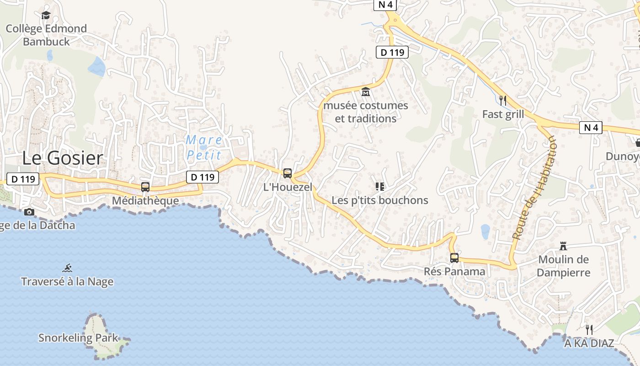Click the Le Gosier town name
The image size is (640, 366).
point(63,158)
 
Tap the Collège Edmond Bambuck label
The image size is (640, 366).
point(46,35)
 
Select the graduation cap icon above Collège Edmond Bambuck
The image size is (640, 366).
point(46,16)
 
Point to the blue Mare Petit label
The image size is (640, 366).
point(204,147)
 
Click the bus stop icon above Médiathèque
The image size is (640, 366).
point(145,187)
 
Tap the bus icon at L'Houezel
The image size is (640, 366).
point(288,173)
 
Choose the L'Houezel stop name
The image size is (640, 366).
point(288,187)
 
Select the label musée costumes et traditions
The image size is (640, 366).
point(366,112)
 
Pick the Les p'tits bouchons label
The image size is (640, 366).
point(380,200)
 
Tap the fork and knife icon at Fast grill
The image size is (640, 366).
point(503,100)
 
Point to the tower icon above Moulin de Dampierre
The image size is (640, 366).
point(563,246)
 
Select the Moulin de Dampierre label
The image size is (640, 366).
point(563,266)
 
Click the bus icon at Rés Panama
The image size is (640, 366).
point(454,258)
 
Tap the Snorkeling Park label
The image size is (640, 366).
point(78,339)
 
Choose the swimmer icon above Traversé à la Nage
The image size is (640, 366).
point(68,268)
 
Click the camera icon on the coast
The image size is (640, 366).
point(29,212)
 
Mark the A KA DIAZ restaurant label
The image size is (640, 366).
point(589,343)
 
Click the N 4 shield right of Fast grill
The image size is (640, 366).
point(591,128)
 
